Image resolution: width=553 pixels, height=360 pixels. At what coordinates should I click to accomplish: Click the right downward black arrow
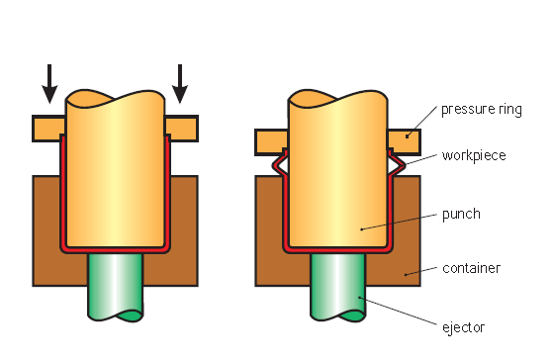[179, 84]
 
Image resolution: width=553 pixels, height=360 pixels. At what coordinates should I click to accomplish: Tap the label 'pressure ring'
[481, 109]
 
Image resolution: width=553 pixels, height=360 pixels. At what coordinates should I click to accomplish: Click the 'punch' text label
[461, 214]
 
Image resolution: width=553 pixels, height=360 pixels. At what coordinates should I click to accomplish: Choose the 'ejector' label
[464, 325]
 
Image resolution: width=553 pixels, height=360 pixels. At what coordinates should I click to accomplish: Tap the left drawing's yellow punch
[115, 168]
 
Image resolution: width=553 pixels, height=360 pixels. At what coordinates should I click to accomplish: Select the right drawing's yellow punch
[337, 168]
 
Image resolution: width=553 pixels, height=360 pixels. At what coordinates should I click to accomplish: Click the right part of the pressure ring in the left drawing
[182, 129]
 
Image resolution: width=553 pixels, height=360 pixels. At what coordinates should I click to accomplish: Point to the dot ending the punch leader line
[363, 228]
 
